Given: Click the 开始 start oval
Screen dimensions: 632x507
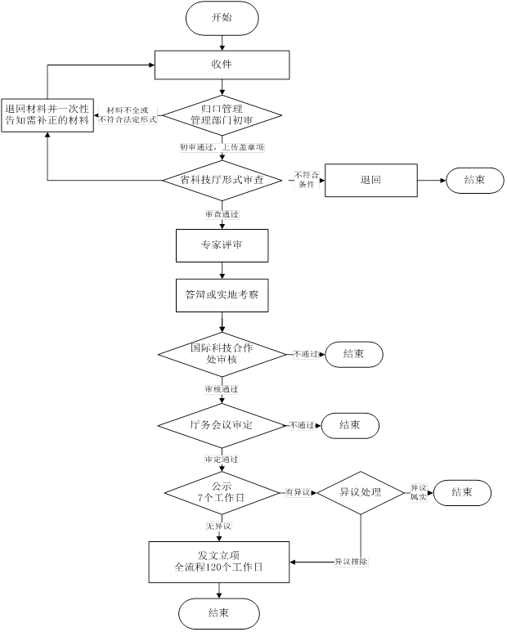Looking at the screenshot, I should tap(222, 18).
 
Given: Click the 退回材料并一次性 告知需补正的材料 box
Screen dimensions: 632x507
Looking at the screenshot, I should tap(47, 114).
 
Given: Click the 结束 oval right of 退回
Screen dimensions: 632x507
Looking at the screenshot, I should tap(474, 180).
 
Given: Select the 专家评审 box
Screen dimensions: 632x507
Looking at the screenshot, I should tap(222, 244).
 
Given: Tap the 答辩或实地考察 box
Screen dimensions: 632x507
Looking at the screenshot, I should tap(222, 295).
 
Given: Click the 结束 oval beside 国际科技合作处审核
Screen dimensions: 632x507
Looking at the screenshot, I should tap(354, 354).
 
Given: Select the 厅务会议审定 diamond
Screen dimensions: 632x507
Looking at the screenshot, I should tap(221, 425).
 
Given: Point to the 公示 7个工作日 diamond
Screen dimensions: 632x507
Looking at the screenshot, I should tap(222, 492).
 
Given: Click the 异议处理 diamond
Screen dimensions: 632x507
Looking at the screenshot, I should tap(361, 492).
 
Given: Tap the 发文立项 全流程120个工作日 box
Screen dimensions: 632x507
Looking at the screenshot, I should tap(219, 561).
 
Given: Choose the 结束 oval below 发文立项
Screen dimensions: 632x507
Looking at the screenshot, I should tap(219, 613).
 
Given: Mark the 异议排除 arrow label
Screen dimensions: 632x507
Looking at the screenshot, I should tap(351, 562).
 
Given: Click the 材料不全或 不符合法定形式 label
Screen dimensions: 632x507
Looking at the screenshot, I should tap(128, 114).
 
